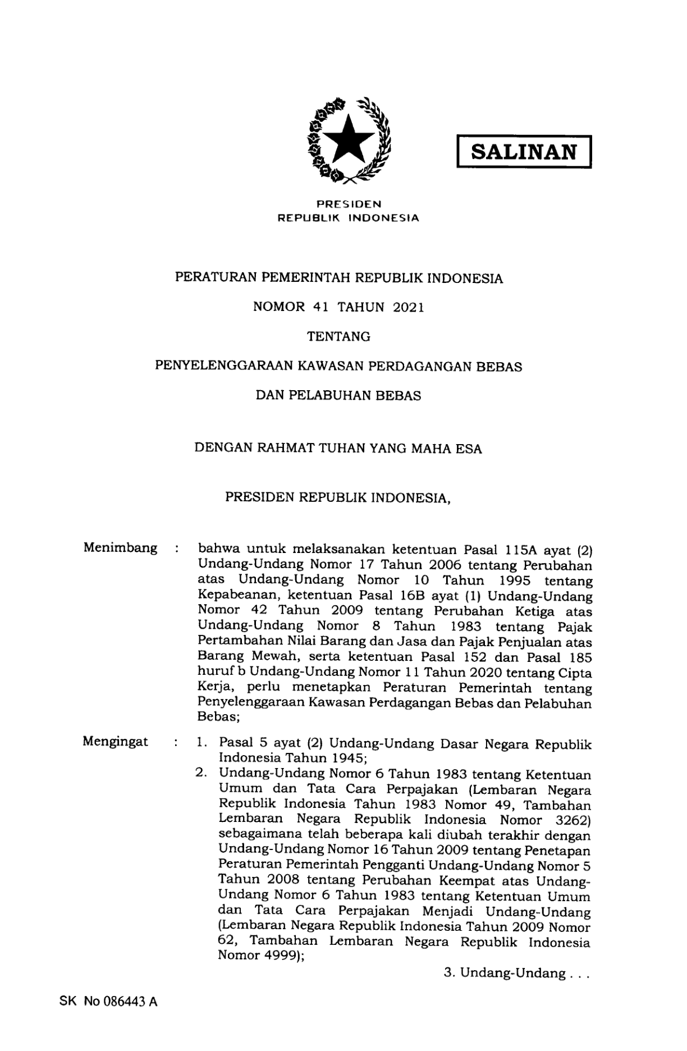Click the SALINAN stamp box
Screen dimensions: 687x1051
tap(524, 152)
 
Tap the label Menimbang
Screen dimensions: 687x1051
tap(120, 547)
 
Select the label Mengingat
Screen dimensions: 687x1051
tap(116, 742)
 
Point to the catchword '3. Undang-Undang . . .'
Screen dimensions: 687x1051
tap(516, 973)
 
